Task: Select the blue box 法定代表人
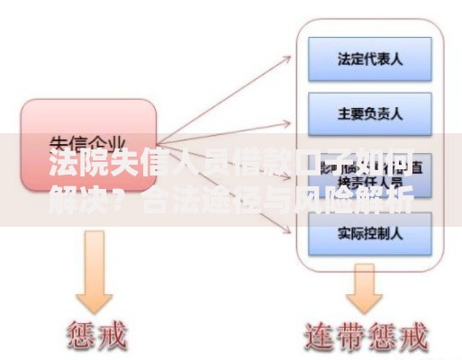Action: [369, 58]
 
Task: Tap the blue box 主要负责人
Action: [369, 114]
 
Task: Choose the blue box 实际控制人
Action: [369, 232]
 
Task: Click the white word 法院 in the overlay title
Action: [72, 167]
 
